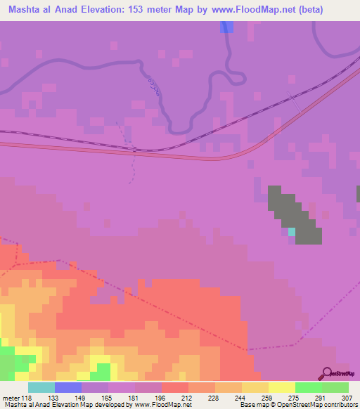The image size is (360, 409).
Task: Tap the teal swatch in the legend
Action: [x=41, y=387]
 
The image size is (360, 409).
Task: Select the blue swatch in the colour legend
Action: [x=68, y=387]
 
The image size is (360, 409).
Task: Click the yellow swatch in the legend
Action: [x=281, y=387]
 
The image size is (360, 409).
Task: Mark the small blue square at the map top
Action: [x=226, y=27]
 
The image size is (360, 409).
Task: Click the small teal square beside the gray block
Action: [x=292, y=231]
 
